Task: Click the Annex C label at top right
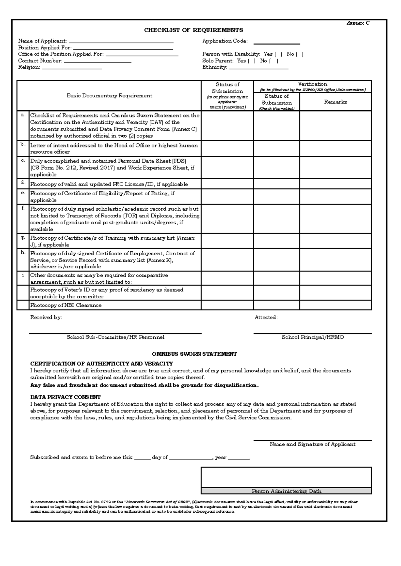(358, 23)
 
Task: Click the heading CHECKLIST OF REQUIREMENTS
(193, 30)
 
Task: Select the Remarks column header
(336, 102)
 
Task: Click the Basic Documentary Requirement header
(109, 95)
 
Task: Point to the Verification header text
(312, 84)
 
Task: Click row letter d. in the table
(23, 183)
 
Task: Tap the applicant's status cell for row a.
(227, 125)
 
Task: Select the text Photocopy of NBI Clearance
(66, 305)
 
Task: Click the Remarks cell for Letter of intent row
(336, 148)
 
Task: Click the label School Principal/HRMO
(313, 337)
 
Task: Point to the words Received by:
(46, 317)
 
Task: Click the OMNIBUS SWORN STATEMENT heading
(194, 354)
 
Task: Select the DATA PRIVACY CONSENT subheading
(65, 397)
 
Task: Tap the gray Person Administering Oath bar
(286, 491)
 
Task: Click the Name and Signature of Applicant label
(312, 444)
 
